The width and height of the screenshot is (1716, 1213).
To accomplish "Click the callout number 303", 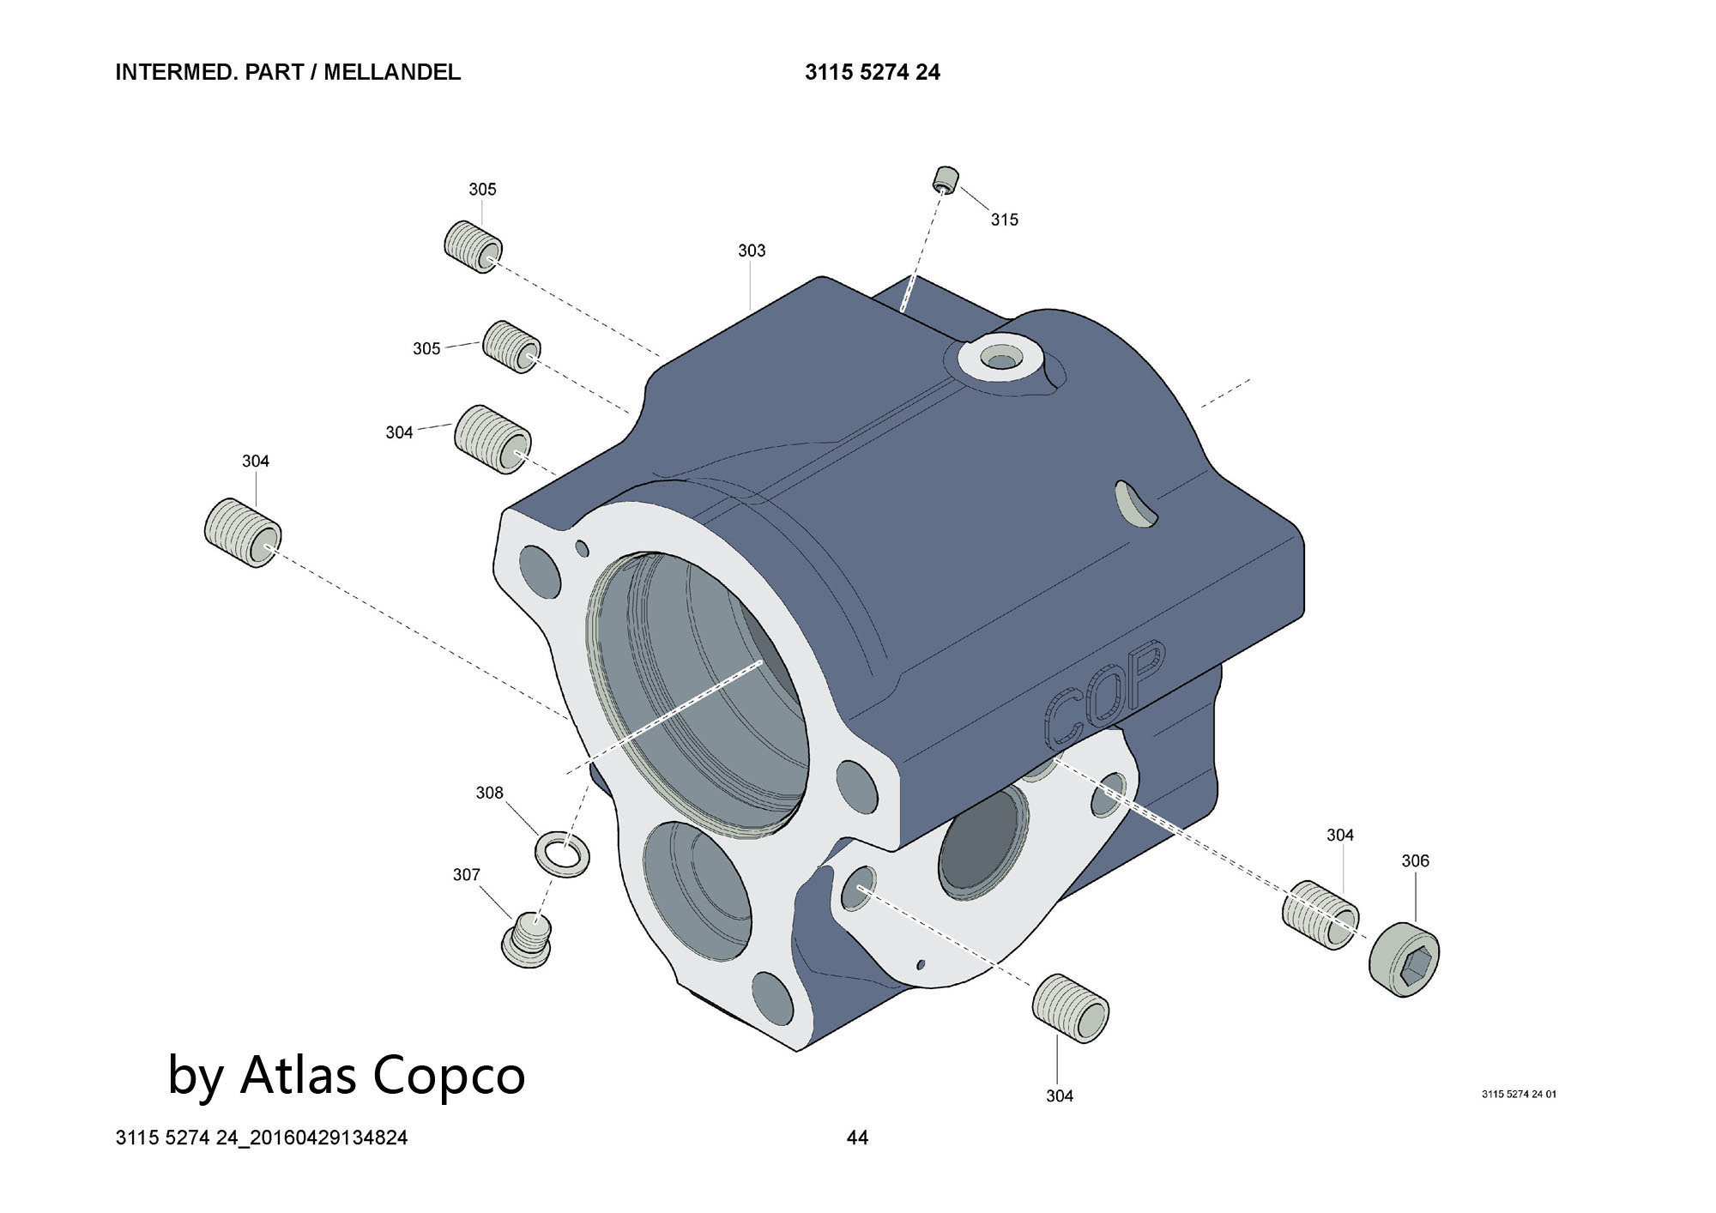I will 752,250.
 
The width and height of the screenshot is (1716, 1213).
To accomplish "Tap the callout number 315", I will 1004,220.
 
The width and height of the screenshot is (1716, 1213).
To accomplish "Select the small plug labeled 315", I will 945,180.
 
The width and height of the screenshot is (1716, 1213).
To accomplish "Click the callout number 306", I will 1415,860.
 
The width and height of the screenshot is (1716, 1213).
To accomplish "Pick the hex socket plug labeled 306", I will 1404,960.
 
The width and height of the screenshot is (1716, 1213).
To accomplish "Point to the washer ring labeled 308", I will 561,854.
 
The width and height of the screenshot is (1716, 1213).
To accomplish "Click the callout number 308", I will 489,793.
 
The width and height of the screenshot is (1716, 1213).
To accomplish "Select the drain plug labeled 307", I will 526,940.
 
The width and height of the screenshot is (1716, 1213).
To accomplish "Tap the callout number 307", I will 466,874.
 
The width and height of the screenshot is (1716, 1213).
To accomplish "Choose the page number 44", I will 857,1138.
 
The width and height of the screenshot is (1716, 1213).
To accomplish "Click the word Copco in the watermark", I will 450,1074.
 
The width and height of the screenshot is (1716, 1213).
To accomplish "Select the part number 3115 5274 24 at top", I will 872,72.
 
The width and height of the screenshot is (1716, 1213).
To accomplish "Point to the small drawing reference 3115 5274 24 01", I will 1518,1094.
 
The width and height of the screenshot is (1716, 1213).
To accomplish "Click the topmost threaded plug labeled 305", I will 473,246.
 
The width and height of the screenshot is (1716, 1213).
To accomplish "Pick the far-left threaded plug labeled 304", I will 243,532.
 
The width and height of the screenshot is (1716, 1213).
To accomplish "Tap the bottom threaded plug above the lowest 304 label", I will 1070,1009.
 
